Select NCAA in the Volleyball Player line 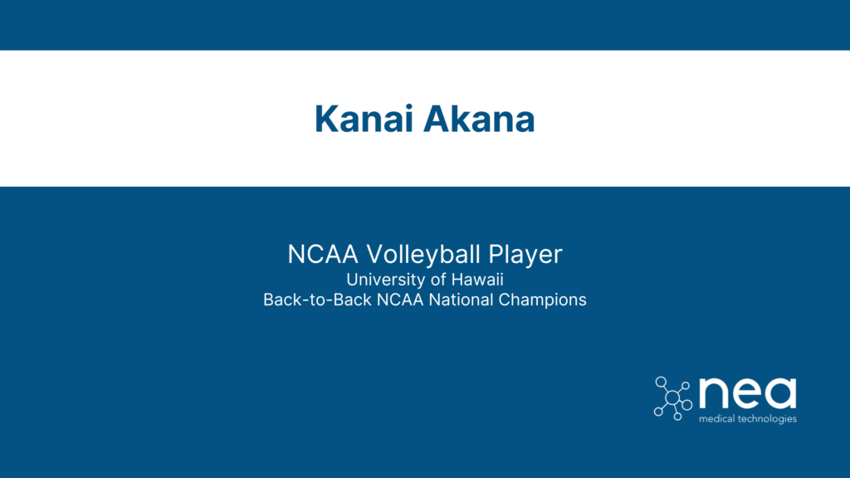[x=315, y=255]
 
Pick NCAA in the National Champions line [x=402, y=300]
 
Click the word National [x=463, y=300]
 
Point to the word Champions [x=543, y=300]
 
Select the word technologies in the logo [x=769, y=419]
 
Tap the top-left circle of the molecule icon [x=661, y=382]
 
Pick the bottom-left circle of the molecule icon [x=659, y=411]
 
